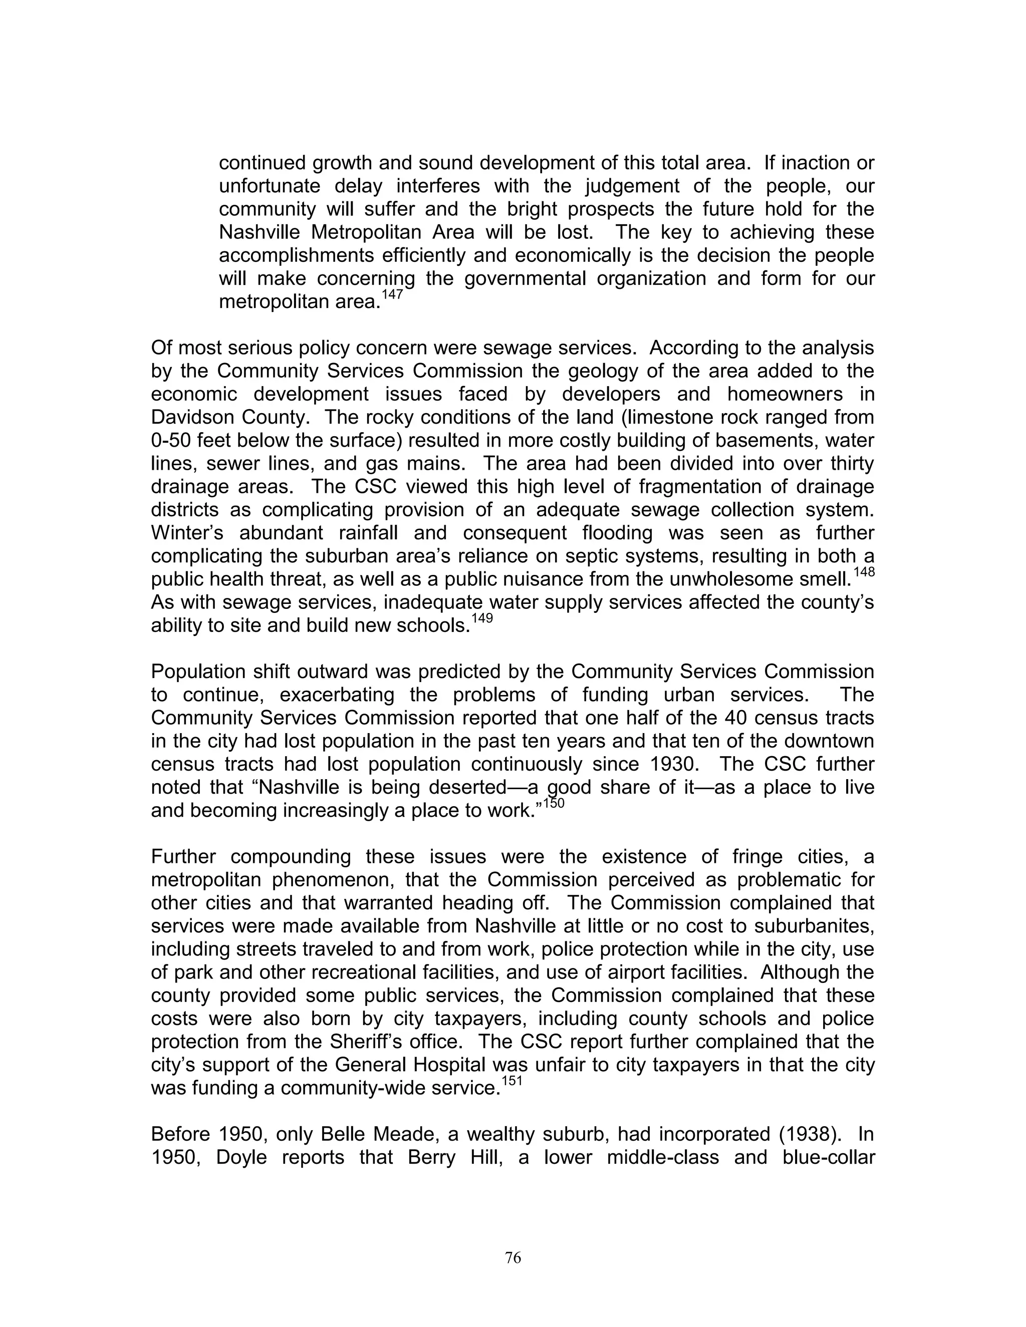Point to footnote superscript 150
(x=554, y=804)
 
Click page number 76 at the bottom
(x=513, y=1258)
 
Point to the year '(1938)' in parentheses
(x=812, y=1134)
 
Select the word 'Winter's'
(x=187, y=533)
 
